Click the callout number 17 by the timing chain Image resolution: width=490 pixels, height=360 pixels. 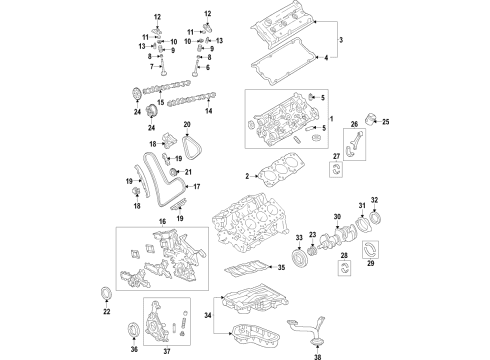[197, 187]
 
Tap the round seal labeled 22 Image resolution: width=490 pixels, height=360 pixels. [108, 292]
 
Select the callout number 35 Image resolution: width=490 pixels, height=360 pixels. [282, 268]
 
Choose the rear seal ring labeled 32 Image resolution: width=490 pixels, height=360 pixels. [376, 220]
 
